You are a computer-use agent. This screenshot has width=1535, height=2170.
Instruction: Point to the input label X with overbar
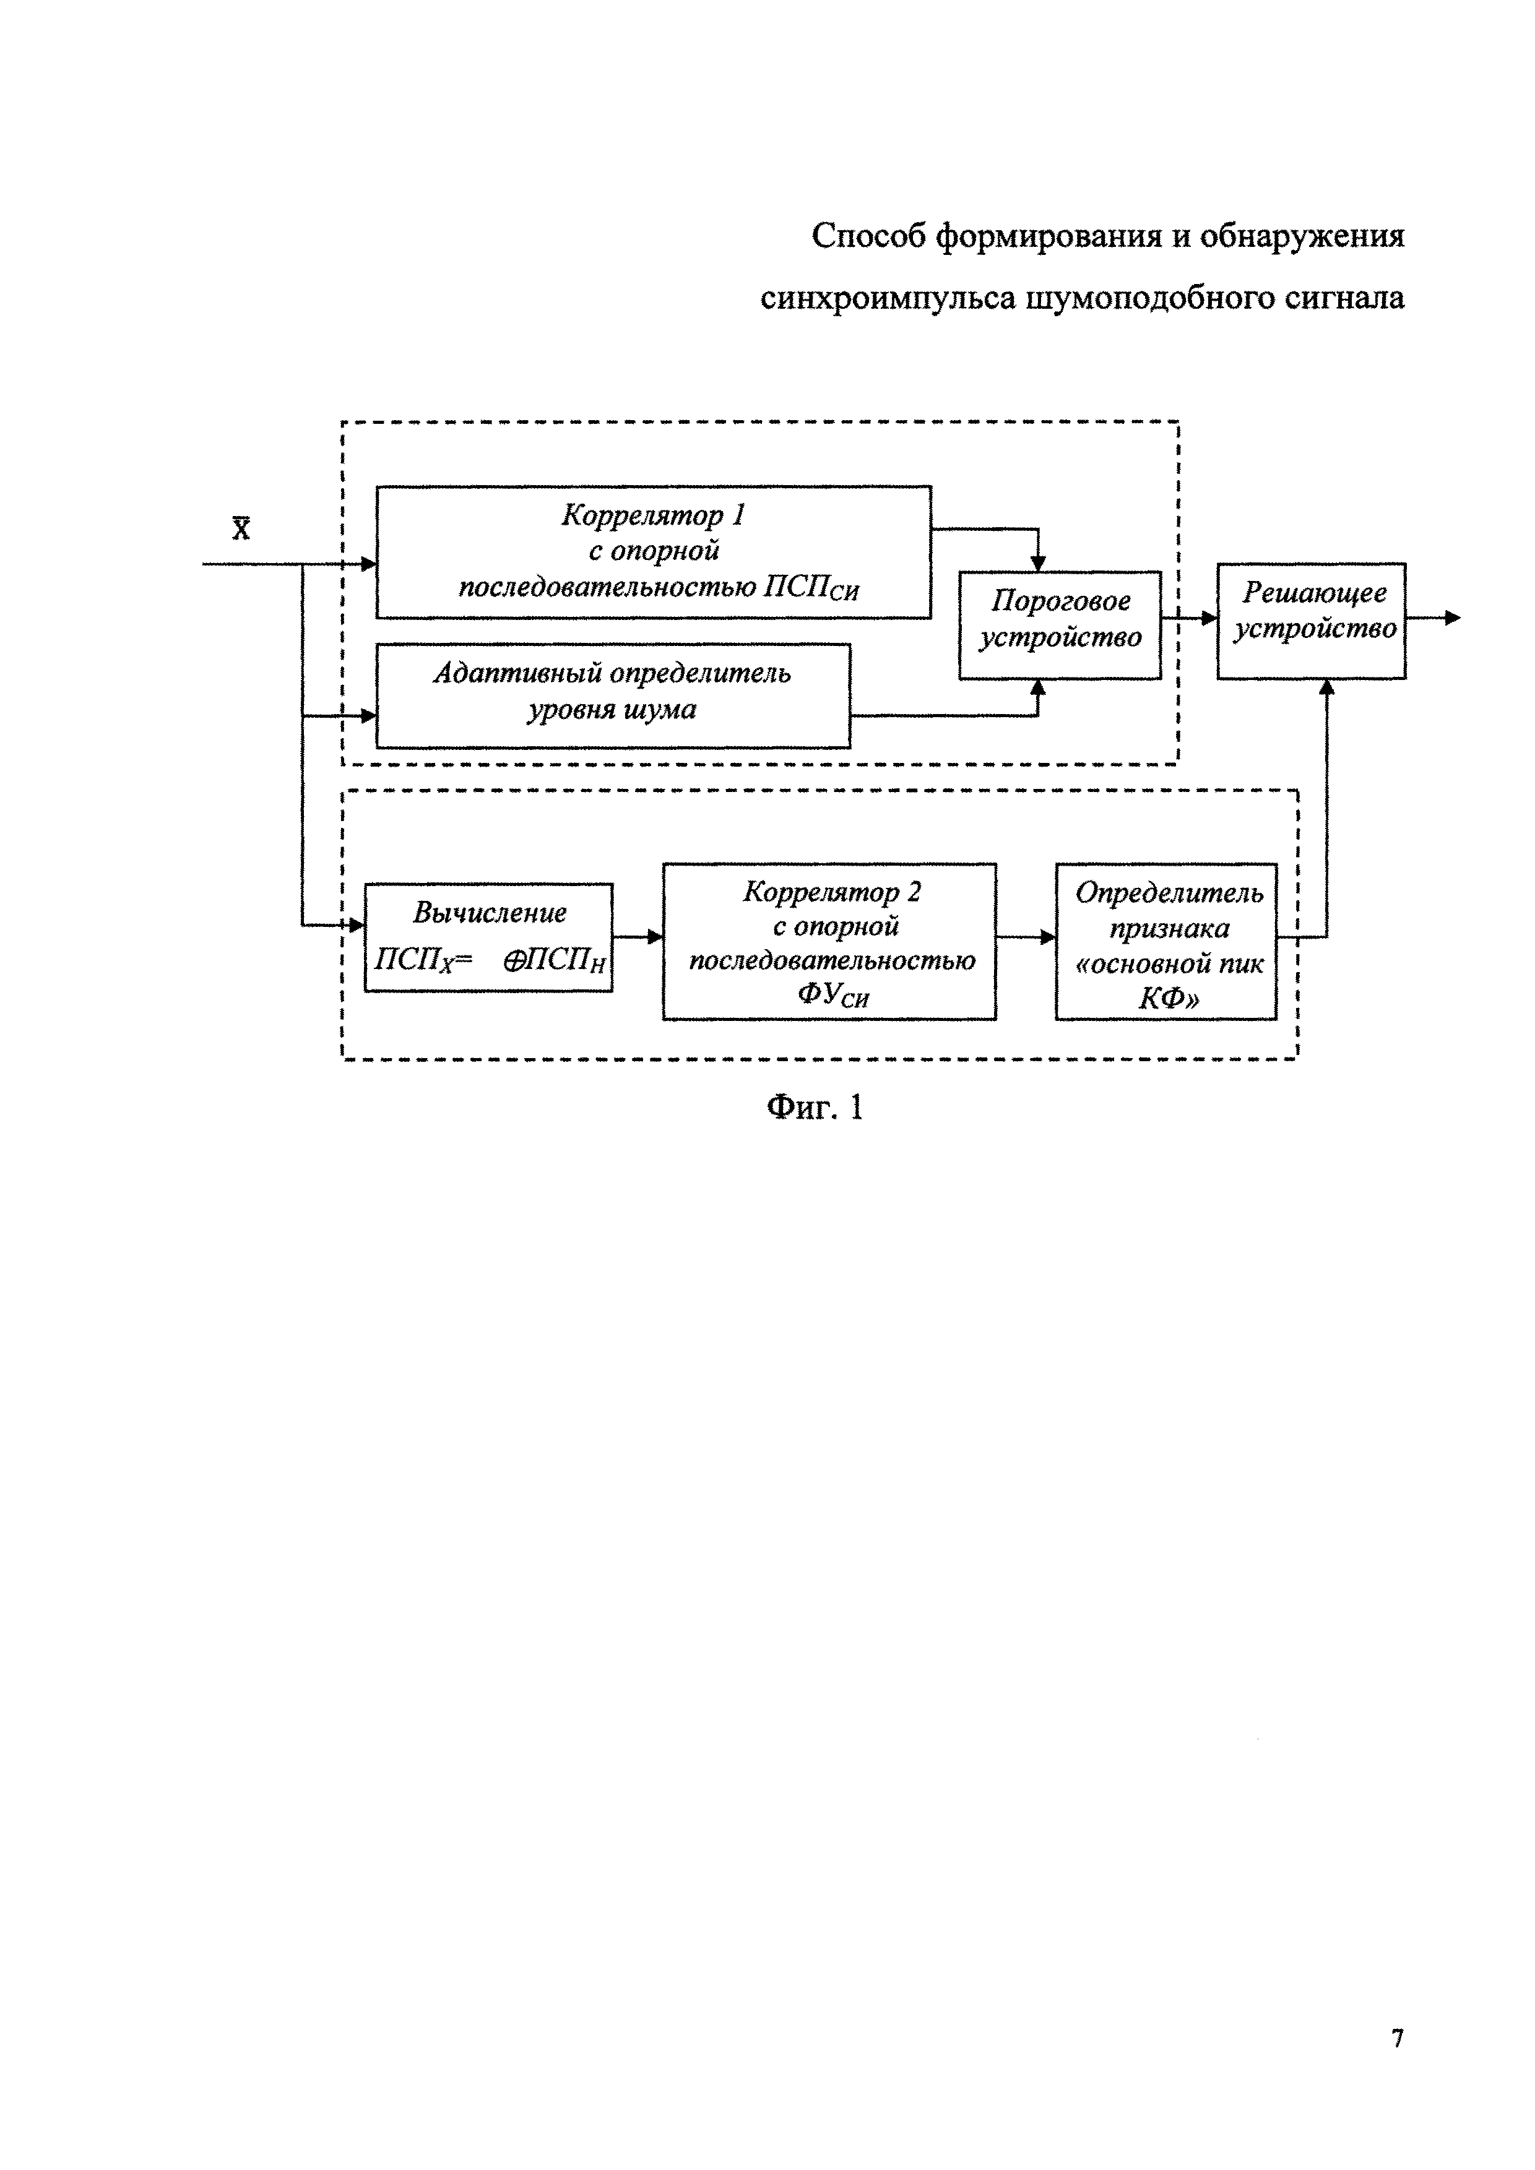242,527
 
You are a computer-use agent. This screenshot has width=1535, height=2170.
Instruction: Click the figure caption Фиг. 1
815,1107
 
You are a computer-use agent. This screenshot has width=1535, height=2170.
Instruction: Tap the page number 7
1397,2039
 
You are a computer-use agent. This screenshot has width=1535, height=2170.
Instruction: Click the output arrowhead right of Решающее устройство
1453,618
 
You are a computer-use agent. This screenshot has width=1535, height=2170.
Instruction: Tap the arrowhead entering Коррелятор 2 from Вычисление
655,937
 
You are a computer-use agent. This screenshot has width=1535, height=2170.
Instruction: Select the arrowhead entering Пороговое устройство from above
1038,563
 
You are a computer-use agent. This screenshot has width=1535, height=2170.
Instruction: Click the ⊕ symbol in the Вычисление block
514,960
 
